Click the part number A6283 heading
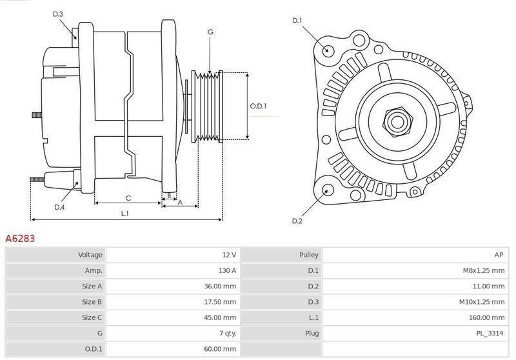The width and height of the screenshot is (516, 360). point(20,239)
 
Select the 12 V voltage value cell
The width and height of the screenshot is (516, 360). point(228,255)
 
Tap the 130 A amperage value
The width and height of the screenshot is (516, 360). point(226,270)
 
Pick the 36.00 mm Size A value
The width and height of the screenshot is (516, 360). point(221,286)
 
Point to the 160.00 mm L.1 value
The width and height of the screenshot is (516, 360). point(488,317)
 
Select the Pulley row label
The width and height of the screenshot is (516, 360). point(308,255)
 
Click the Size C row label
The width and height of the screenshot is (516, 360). point(92,317)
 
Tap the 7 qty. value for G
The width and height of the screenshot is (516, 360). point(227,333)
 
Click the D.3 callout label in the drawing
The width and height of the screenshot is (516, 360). point(57,14)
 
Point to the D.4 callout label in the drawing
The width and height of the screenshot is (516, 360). point(59,207)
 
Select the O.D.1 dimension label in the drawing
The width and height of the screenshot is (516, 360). point(258,106)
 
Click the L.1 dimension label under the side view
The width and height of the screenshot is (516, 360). point(125,213)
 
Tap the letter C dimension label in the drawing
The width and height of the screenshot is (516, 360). point(128,198)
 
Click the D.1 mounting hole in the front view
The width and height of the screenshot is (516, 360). point(328,50)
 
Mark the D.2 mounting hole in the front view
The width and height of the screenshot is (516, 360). point(326,190)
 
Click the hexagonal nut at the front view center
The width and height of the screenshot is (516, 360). point(395,120)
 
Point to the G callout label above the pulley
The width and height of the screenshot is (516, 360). point(210,32)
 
